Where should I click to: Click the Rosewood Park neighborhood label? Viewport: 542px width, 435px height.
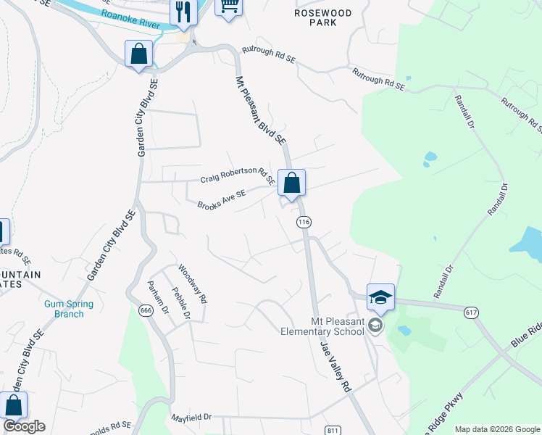(x=323, y=17)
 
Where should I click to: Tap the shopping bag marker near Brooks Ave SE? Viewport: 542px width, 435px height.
(x=291, y=183)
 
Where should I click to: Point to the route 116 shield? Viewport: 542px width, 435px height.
(x=304, y=223)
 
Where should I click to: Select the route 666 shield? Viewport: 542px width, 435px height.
(x=145, y=310)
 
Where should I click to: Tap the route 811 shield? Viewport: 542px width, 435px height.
(x=332, y=430)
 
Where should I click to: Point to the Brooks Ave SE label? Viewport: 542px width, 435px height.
(x=222, y=198)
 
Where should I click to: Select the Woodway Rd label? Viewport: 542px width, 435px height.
(x=193, y=283)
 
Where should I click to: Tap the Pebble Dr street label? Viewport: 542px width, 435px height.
(x=180, y=303)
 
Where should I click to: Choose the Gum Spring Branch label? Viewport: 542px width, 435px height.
(x=64, y=309)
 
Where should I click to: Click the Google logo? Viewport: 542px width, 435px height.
(x=24, y=426)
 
